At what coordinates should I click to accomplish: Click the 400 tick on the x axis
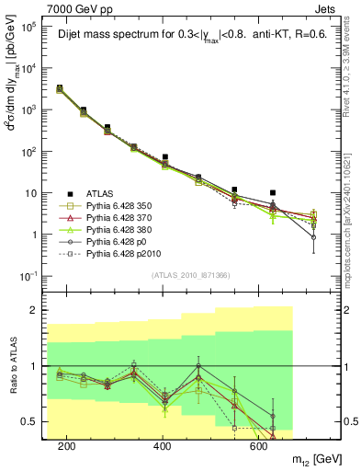pyautogui.click(x=163, y=445)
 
